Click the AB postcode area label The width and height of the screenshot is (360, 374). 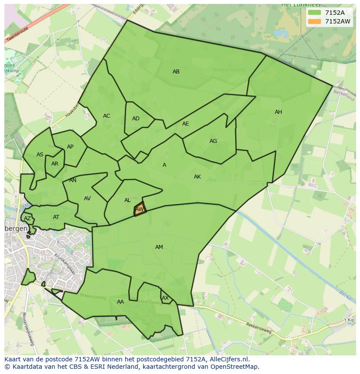tap(176, 72)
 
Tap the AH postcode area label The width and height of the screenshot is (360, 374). tap(278, 112)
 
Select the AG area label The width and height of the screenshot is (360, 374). tap(213, 141)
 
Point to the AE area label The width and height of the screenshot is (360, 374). tap(186, 124)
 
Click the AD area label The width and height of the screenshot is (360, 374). tap(136, 119)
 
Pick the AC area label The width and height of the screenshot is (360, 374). tap(107, 116)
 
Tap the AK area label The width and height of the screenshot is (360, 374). tap(197, 177)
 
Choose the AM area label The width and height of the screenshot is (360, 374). tap(159, 247)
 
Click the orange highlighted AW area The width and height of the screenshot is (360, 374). tap(140, 209)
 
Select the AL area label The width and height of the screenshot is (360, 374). tap(127, 200)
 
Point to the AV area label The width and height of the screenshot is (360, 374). tap(87, 199)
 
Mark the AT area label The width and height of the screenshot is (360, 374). tap(56, 217)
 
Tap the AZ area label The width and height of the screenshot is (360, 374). tap(27, 218)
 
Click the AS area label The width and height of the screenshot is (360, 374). tap(40, 155)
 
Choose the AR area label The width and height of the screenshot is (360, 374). tap(55, 164)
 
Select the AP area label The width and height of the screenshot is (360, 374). tap(70, 147)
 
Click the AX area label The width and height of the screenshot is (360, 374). tap(165, 298)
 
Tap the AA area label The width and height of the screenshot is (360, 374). tap(120, 302)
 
